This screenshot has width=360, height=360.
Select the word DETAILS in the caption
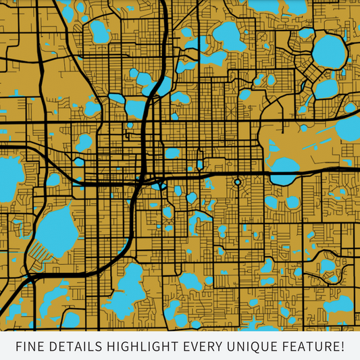coord(80,347)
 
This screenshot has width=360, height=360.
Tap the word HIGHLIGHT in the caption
coord(149,347)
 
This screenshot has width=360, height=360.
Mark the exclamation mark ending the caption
coord(342,347)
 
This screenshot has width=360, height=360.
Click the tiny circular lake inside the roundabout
coord(238,182)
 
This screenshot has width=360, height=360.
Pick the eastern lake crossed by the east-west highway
coord(284,175)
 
